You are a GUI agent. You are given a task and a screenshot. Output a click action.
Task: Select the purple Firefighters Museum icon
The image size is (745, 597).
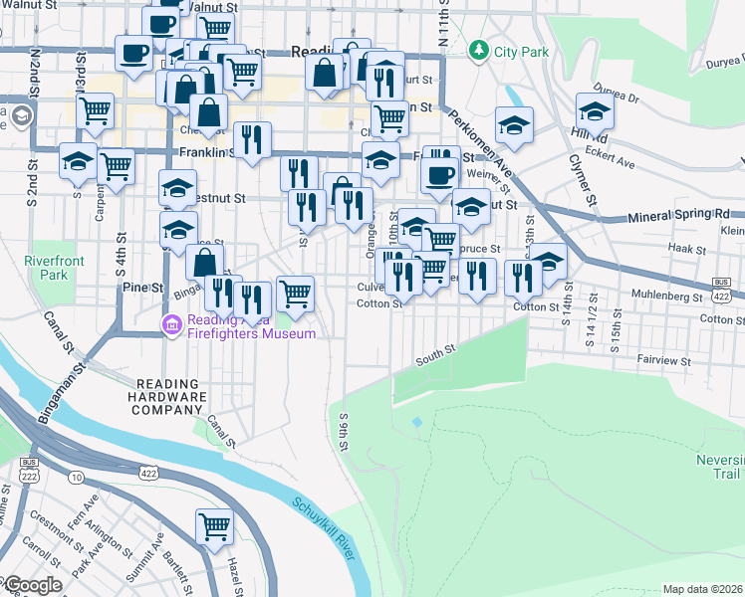pos(173,323)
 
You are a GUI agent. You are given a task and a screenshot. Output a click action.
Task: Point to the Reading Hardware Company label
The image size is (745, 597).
pos(171,397)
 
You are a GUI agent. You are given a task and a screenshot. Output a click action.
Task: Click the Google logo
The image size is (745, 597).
pos(32,586)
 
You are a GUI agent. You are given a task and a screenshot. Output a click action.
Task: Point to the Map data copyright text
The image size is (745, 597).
pos(703,589)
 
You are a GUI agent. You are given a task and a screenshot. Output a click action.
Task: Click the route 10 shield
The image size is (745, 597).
pos(76,478)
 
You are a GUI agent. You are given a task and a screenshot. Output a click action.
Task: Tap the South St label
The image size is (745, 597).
pos(435,351)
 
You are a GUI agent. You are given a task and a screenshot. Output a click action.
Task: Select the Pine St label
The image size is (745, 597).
pos(142,287)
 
